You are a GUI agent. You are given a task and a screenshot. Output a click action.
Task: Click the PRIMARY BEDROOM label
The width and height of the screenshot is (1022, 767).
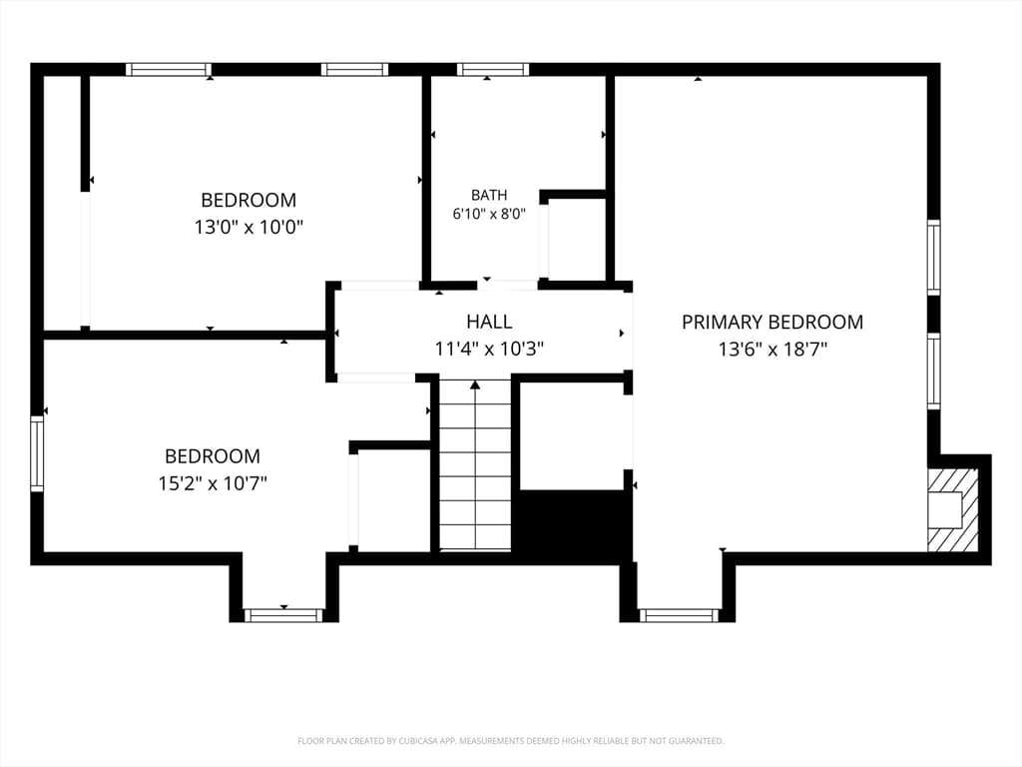[x=772, y=323]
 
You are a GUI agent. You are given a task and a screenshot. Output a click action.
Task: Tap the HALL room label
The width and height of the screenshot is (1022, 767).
[x=489, y=322]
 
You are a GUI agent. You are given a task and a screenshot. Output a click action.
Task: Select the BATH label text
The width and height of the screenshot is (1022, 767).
[x=489, y=195]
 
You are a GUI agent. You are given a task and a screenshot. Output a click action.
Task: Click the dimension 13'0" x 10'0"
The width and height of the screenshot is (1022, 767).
[x=249, y=228]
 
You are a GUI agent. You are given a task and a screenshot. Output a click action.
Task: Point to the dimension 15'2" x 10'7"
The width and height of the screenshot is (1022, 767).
[x=213, y=483]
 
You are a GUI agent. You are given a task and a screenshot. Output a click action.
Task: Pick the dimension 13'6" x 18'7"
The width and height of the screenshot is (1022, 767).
[x=772, y=350]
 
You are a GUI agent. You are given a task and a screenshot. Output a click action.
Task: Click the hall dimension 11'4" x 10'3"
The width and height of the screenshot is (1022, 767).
[x=489, y=349]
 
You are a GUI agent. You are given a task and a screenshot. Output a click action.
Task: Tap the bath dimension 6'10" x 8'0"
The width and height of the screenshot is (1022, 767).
[x=489, y=214]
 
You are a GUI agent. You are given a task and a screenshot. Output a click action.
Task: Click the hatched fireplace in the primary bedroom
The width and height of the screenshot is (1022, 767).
[x=953, y=509]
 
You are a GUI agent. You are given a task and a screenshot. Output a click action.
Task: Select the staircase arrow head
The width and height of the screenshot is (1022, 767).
[x=475, y=384]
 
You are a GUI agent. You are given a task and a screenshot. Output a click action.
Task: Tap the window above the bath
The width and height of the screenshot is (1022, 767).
[x=493, y=69]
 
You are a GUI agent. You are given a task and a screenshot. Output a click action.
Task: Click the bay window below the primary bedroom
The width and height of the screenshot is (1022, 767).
[x=679, y=615]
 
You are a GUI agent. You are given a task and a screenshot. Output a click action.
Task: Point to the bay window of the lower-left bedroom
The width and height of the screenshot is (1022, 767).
[x=283, y=615]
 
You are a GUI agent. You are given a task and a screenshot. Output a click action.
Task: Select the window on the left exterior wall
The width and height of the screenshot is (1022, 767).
[x=37, y=454]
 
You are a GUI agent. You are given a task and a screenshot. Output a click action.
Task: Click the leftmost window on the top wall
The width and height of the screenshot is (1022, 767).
[x=169, y=69]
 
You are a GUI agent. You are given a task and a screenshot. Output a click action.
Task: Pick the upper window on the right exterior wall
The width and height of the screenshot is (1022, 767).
[x=934, y=258]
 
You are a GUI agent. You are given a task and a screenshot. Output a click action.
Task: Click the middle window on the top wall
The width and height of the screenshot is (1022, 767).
[x=354, y=69]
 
